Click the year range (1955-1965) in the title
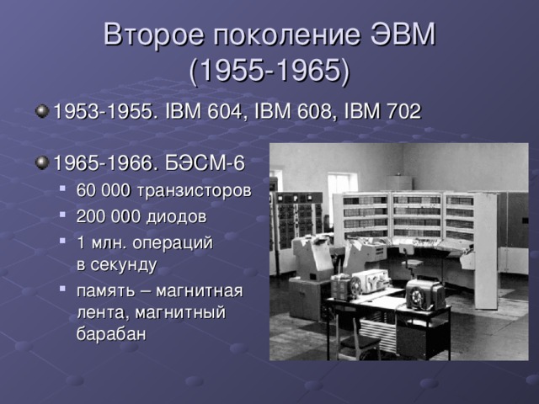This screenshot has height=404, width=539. click(x=269, y=71)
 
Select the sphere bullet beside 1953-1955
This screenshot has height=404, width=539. click(x=41, y=111)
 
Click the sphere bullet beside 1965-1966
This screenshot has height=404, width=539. click(x=41, y=160)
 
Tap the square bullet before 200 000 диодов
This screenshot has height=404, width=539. click(x=66, y=216)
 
